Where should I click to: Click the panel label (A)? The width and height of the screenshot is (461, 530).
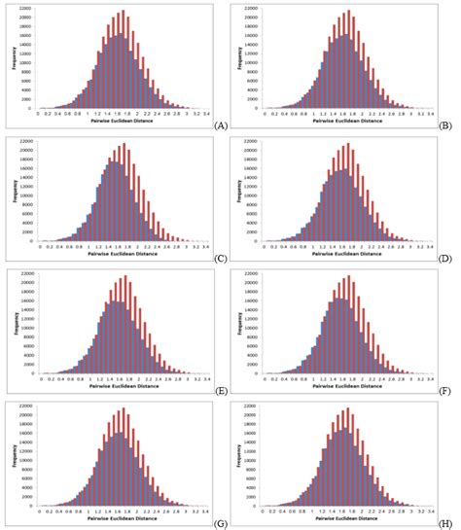pos(221,124)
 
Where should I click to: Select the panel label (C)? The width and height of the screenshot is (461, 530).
pos(221,258)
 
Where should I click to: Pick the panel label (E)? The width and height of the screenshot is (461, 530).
pos(221,389)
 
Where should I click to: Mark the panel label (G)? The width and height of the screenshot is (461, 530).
pos(221,522)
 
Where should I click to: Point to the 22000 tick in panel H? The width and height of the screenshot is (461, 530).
pos(251,406)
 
